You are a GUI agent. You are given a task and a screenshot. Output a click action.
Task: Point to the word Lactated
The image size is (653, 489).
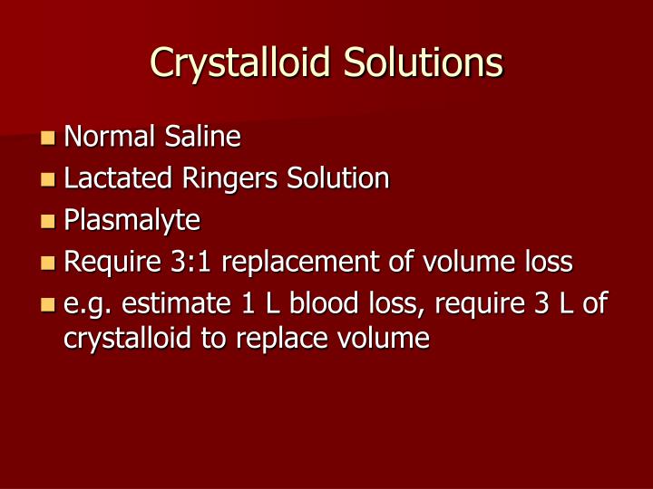coord(114,178)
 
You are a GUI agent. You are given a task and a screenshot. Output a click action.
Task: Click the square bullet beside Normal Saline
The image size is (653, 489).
coord(48,139)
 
